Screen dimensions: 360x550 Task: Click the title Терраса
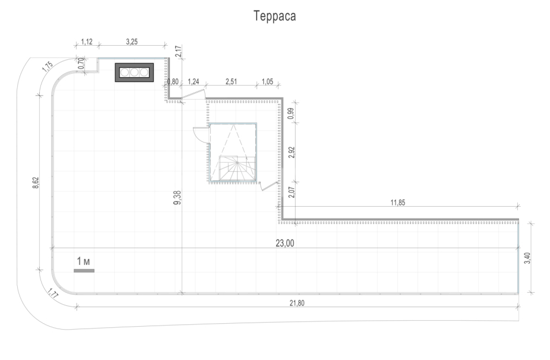274,17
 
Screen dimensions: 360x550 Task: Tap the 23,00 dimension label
285,242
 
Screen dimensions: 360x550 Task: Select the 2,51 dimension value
230,82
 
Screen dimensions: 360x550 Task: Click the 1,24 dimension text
193,82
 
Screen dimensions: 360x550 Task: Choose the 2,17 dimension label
178,52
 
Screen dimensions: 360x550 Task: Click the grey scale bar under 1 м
84,271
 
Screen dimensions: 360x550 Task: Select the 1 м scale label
83,261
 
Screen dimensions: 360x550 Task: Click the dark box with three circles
134,72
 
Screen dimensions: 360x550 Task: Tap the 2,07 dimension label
290,191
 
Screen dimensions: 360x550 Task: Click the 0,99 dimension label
290,114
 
